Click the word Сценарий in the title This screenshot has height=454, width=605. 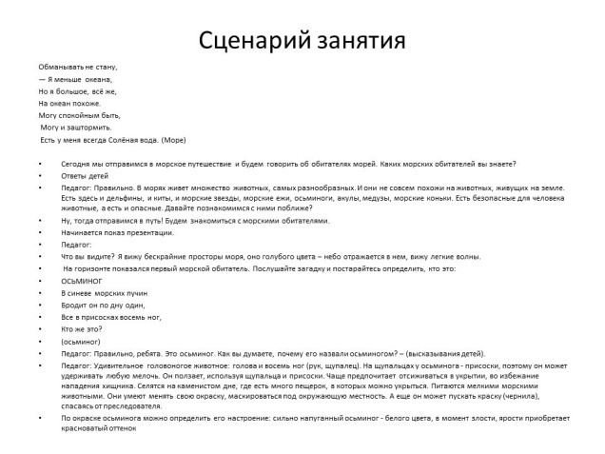tap(248, 41)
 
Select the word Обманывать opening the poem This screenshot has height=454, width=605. tap(60, 67)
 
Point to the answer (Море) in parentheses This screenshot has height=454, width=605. tap(174, 140)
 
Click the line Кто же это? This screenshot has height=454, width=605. tap(82, 328)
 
